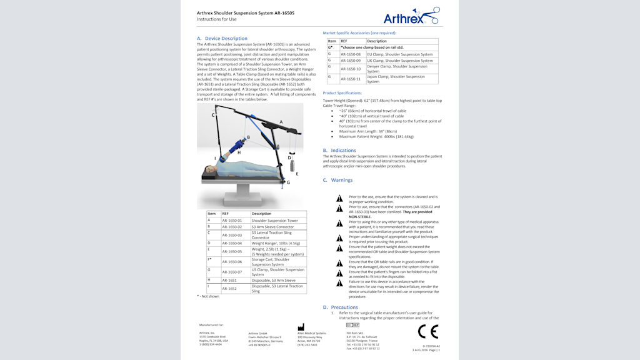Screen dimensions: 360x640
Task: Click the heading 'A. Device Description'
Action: coord(222,39)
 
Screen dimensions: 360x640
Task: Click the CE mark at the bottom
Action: coord(428,331)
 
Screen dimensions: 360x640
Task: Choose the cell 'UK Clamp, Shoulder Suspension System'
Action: coord(399,61)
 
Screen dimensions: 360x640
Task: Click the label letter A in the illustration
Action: coord(281,122)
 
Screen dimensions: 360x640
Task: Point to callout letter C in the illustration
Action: coord(213,116)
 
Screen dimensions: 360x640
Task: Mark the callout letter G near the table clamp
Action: coord(288,182)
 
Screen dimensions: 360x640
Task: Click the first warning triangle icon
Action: coord(339,199)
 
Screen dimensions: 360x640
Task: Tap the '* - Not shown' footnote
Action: coord(208,296)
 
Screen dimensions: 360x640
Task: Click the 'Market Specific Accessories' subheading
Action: coord(359,32)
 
